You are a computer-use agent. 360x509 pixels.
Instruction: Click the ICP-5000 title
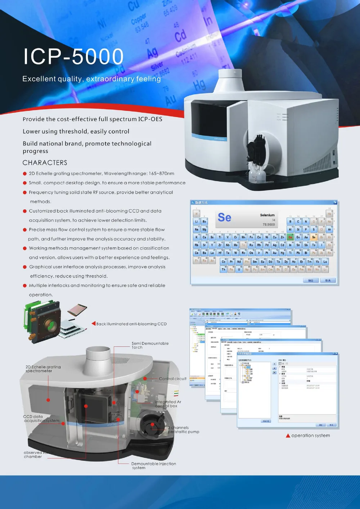73,57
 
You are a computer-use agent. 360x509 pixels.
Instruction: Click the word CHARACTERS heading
45,163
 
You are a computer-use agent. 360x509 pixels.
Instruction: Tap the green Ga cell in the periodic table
290,237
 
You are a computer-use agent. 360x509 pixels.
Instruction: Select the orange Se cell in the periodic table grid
314,237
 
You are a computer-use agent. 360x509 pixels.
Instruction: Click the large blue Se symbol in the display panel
224,217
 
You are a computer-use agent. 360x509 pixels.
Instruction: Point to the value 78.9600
269,225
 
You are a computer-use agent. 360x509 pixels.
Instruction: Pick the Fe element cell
251,237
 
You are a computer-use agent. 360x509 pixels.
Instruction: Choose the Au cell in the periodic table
275,253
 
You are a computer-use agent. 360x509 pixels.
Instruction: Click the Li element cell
197,221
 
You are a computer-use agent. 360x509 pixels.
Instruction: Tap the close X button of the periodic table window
335,203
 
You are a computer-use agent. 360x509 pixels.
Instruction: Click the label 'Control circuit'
173,379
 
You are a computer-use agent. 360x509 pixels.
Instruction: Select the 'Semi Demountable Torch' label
150,345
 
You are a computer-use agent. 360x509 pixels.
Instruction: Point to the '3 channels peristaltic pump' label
184,429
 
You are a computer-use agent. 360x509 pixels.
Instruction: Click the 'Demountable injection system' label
153,465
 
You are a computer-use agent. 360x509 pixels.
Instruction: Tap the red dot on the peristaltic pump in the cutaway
152,424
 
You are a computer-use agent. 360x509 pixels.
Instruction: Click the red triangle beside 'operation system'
288,436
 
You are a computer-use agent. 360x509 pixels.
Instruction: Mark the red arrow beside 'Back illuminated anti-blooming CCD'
94,324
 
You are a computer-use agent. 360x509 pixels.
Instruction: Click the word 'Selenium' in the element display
267,215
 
